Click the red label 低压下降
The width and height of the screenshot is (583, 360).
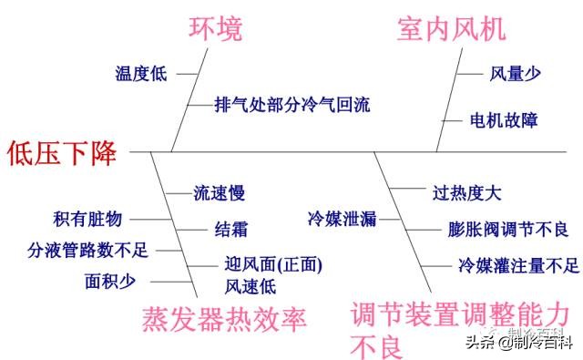[62, 152]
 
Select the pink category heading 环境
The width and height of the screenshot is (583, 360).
[215, 30]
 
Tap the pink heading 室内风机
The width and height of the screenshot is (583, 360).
[450, 30]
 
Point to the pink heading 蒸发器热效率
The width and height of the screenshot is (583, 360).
[224, 319]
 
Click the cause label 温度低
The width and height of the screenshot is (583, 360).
[141, 74]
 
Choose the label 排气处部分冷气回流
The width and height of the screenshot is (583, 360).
[291, 104]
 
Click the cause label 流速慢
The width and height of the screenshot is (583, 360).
[220, 193]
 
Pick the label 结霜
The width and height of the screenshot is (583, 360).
[231, 229]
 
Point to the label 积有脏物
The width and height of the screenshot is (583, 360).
[87, 219]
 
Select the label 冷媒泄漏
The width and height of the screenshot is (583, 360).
[341, 219]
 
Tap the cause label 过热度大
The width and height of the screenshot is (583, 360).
[466, 193]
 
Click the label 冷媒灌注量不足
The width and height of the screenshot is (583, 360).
[518, 266]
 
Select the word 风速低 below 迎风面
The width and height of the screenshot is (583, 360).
[251, 287]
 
